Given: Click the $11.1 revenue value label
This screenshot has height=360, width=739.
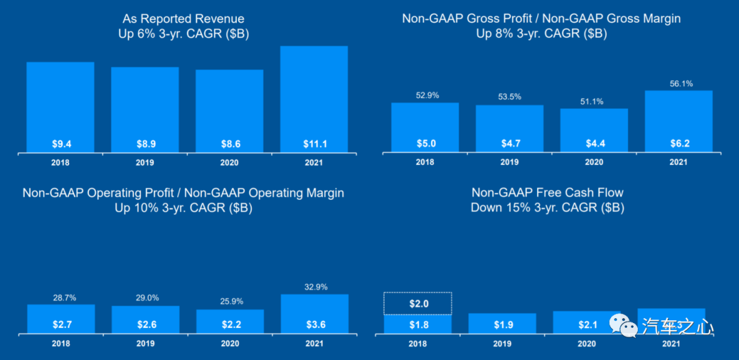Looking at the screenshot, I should [314, 144].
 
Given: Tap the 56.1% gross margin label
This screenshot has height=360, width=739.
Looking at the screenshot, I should [678, 83].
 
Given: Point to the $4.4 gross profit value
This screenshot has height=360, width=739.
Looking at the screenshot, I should [593, 144].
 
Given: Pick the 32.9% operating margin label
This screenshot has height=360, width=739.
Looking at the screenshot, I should [314, 287].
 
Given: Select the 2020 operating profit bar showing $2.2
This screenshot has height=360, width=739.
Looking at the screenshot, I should [229, 320].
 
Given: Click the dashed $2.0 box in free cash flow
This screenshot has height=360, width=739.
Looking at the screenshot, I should [417, 303].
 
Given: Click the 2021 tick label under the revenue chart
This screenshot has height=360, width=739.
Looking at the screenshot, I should [314, 163].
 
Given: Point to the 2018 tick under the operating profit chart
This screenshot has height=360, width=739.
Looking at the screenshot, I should [60, 344].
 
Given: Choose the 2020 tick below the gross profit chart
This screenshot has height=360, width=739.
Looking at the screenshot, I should [593, 163].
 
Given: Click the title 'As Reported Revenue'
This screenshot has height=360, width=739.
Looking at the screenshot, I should [183, 18].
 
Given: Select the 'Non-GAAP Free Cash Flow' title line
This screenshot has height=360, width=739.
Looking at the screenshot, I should [547, 193].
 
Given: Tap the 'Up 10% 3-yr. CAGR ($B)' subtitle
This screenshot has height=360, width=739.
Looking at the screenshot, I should [183, 208].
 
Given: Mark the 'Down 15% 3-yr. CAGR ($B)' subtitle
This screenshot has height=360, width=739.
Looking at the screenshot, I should [547, 208].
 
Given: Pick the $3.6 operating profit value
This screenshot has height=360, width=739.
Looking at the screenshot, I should [314, 324].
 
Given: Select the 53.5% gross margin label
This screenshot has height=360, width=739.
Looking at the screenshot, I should [509, 97].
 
